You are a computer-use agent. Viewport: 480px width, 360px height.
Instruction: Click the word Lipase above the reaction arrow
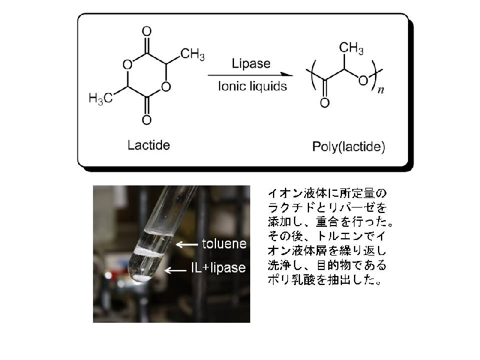(251, 64)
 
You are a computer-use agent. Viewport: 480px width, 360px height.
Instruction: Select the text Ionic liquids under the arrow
(253, 86)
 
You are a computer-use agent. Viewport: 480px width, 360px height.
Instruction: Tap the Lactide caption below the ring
(149, 145)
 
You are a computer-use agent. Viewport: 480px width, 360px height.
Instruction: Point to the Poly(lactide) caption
(349, 146)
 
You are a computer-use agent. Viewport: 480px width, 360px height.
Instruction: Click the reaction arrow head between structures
(287, 74)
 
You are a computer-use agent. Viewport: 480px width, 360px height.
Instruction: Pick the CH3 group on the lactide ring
(192, 54)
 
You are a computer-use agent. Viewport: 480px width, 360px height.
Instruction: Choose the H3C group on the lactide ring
(101, 98)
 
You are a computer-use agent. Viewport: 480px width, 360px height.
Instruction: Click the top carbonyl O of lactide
(146, 31)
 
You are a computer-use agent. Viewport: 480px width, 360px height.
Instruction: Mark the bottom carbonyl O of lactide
(146, 119)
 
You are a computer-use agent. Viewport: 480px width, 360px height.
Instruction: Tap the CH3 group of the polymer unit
(351, 48)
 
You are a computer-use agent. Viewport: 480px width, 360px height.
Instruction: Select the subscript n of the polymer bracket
(380, 90)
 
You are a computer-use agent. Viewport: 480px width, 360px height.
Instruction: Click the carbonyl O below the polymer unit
(325, 103)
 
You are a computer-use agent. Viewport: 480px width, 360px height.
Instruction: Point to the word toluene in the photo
(224, 244)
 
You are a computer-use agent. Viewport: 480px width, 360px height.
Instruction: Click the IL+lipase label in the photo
(218, 268)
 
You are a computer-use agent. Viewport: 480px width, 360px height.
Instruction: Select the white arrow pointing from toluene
(187, 244)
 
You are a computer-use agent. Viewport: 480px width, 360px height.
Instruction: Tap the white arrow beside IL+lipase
(175, 271)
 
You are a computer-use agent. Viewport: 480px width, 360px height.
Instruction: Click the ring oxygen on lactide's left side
(127, 64)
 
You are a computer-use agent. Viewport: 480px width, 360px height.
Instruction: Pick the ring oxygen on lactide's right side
(166, 86)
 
